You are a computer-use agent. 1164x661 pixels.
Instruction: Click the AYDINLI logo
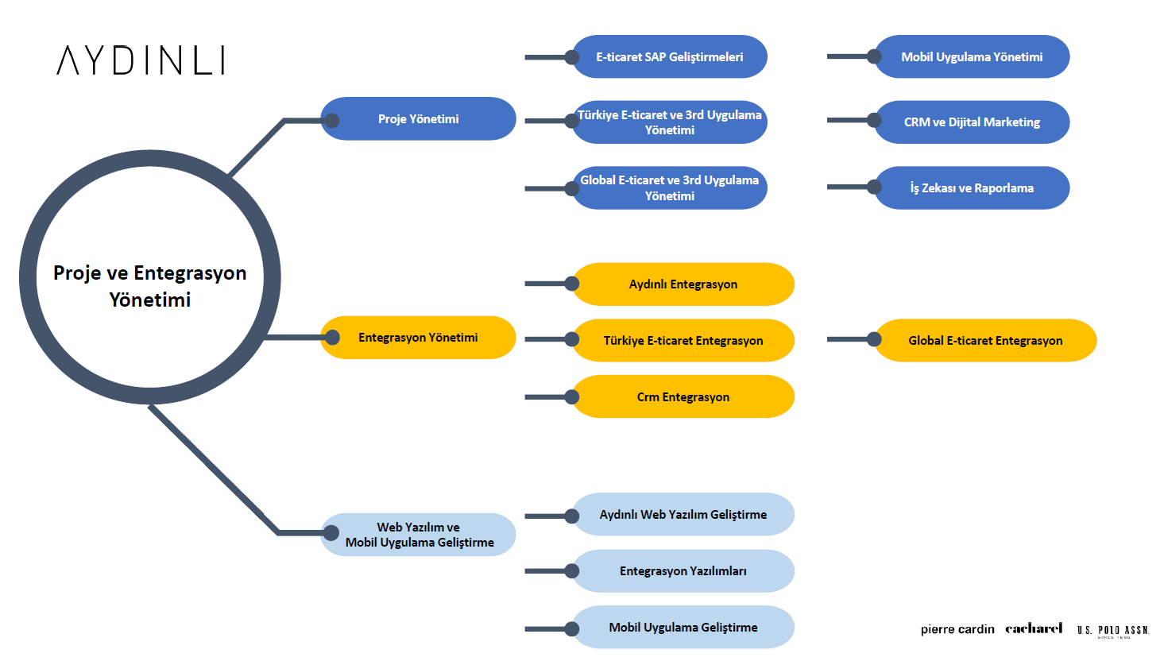141,60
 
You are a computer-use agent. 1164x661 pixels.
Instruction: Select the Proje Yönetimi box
419,119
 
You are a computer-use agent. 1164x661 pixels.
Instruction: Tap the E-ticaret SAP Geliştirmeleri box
670,57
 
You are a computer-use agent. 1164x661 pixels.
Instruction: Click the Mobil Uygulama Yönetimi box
972,57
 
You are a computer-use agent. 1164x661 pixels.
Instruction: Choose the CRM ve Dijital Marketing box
972,122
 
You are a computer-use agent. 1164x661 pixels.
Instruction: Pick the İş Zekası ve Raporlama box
972,188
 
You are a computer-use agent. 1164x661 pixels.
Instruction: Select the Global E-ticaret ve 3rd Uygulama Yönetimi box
670,188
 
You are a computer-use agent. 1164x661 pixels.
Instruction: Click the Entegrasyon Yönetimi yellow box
419,338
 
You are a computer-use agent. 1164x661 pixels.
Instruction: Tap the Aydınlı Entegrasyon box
683,284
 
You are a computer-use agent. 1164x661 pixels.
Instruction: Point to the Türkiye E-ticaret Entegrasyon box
683,341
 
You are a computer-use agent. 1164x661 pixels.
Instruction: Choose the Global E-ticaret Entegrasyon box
985,341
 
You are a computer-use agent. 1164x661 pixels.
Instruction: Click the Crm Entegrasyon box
683,397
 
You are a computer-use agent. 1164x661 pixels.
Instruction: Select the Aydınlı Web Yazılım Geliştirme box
683,515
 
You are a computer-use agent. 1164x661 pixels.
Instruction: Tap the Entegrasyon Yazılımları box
683,571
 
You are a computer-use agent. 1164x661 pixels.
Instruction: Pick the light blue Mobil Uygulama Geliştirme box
683,628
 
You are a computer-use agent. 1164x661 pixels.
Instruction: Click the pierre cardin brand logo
957,629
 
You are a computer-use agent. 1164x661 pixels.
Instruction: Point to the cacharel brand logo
1034,628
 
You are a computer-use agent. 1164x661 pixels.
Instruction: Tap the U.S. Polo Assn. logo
1113,630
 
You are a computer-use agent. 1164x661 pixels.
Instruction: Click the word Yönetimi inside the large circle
150,300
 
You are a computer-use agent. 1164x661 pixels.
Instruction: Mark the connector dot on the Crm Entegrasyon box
572,396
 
